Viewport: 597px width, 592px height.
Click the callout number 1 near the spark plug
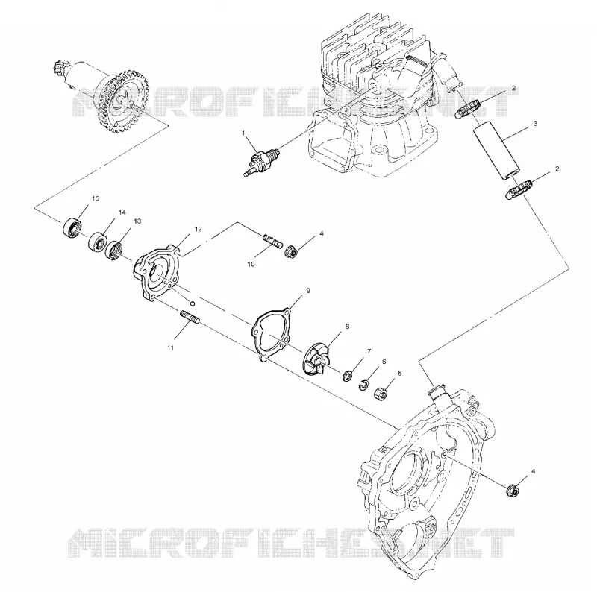coord(243,133)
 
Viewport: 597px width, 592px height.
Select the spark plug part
coord(262,162)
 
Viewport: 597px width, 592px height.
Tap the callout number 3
coord(535,123)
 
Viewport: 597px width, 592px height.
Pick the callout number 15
coord(96,198)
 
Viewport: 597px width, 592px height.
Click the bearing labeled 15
coord(72,228)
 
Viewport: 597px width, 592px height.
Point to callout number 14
coord(122,212)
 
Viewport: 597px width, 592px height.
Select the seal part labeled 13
coord(114,250)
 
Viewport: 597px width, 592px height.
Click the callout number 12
coord(198,229)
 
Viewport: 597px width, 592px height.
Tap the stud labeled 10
coord(273,240)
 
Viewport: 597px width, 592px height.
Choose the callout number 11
coord(170,347)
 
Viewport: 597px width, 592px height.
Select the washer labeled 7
coord(347,377)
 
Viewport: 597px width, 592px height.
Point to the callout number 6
coord(384,362)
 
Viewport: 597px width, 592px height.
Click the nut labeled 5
coord(381,393)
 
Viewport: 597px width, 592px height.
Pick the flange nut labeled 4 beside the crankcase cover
coord(513,491)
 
